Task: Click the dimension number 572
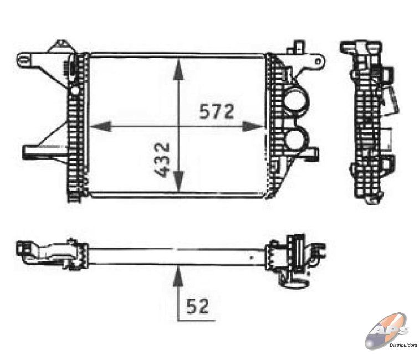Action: tap(217, 111)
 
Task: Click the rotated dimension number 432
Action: tap(162, 160)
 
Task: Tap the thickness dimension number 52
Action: tap(197, 306)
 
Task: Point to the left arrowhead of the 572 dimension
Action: tap(100, 126)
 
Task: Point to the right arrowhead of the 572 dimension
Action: tap(253, 126)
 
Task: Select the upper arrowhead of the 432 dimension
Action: tap(178, 69)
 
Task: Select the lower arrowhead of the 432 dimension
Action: tap(178, 182)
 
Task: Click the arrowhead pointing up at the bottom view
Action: tap(178, 276)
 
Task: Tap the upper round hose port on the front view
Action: tap(296, 101)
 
